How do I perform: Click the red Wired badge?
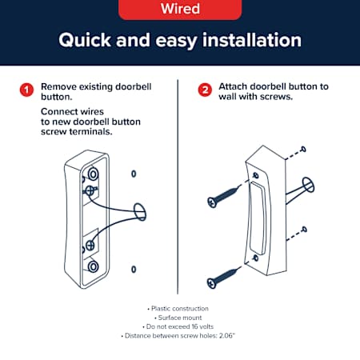point(180,10)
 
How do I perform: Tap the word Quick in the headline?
point(85,40)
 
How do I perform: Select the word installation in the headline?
point(252,40)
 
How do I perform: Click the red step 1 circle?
point(26,90)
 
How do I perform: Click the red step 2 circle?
point(205,90)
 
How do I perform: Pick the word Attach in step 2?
point(233,86)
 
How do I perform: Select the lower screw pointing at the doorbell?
point(222,278)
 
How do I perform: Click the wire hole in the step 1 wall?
point(140,212)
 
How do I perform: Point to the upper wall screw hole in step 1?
point(134,174)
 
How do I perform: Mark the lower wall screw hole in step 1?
point(134,270)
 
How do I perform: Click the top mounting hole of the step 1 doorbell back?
point(93,174)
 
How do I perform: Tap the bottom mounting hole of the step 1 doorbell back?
point(93,266)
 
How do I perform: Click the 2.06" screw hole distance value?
point(227,335)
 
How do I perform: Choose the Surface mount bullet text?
point(180,318)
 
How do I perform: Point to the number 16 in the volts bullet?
point(195,326)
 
